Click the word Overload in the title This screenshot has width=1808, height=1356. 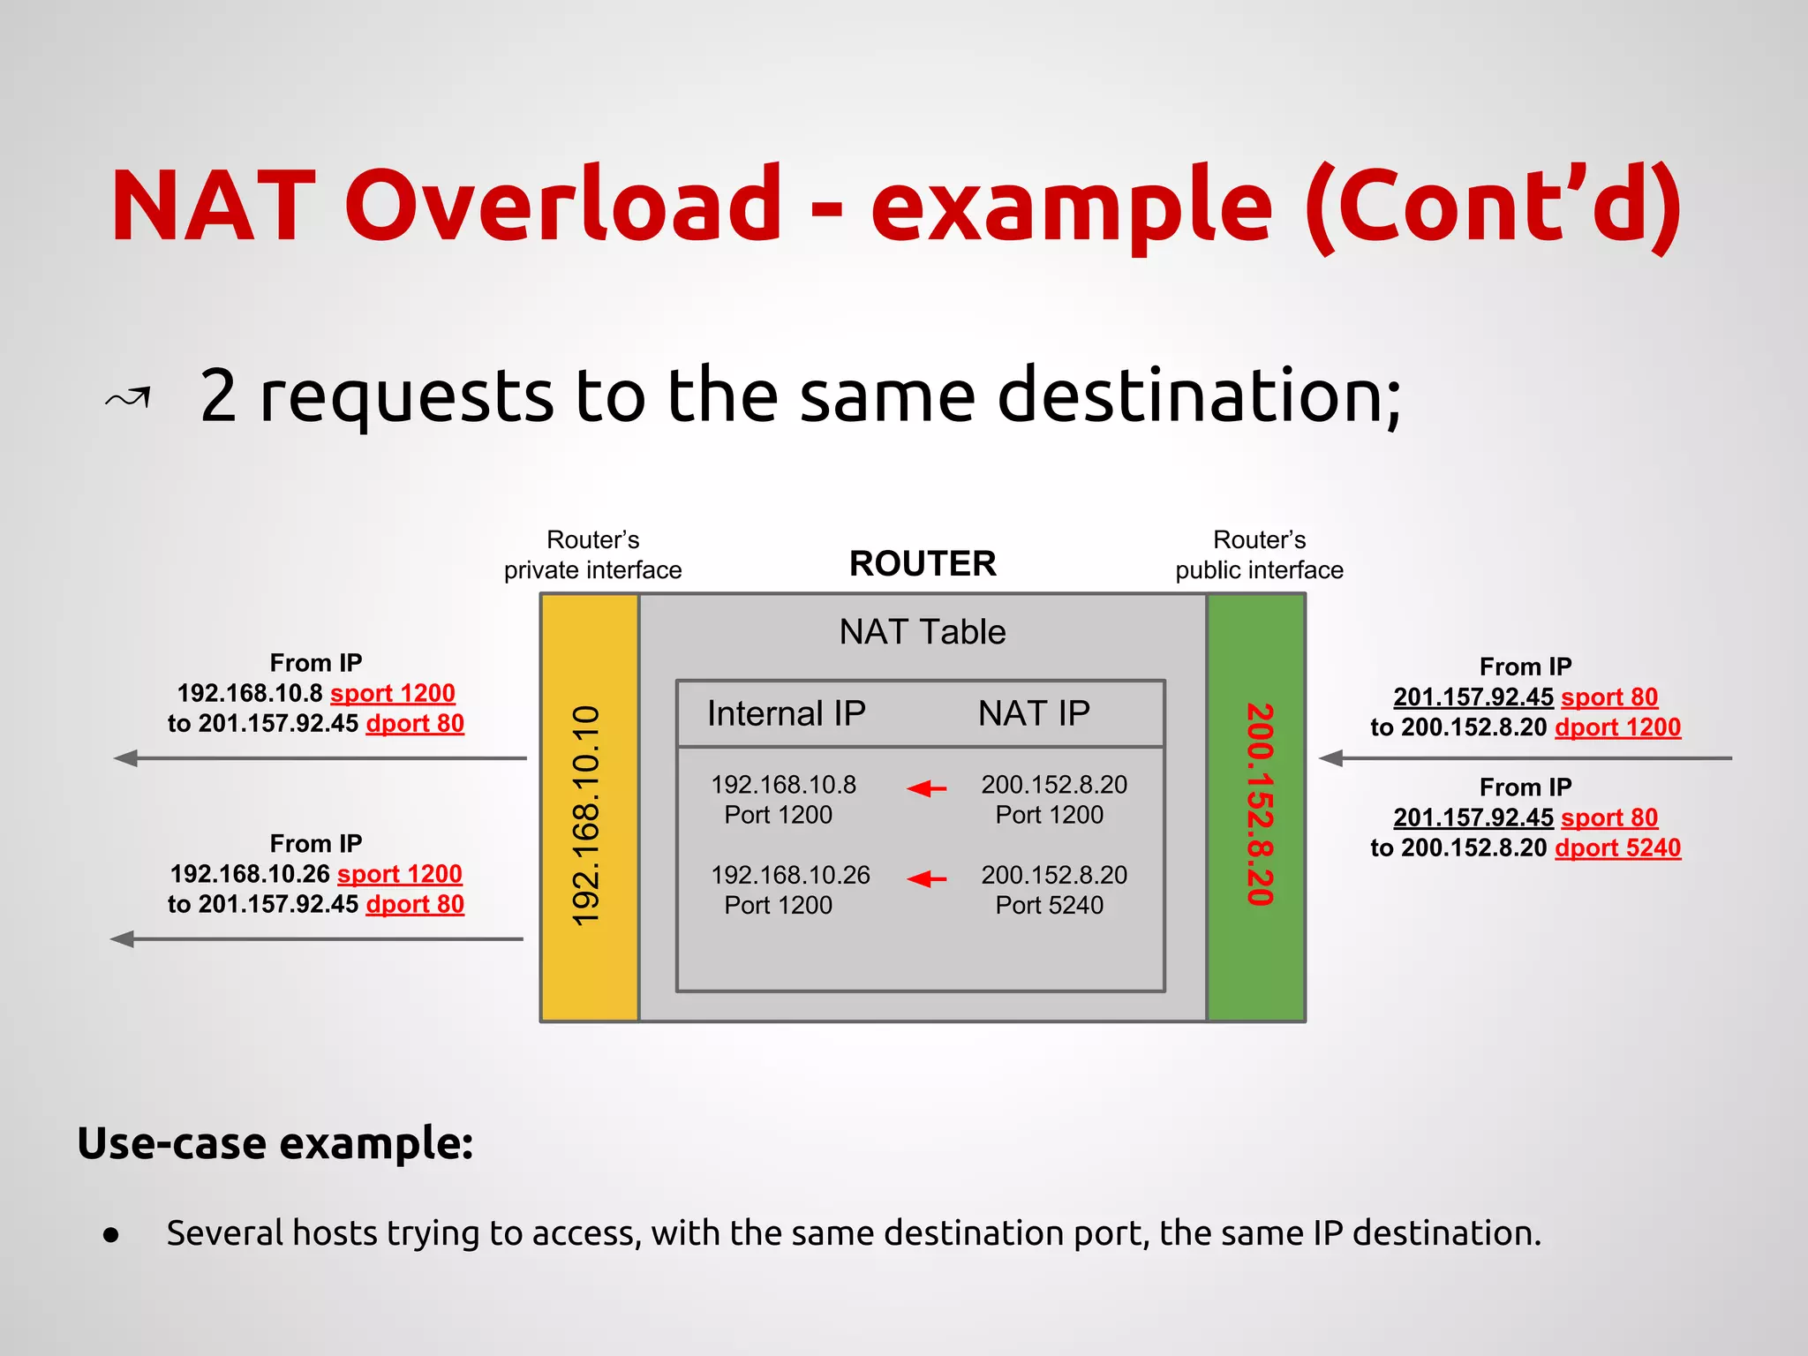pos(563,205)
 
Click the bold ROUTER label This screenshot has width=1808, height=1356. pos(923,563)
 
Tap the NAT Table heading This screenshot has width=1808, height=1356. pos(923,632)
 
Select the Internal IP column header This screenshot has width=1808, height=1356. pos(786,713)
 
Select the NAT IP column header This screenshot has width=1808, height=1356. pos(1034,713)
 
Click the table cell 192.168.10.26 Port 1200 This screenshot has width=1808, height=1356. pos(789,890)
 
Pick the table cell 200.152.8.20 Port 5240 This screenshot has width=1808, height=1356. pos(1053,890)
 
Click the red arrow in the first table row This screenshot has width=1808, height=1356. pos(927,787)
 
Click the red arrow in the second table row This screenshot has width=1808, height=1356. pos(927,878)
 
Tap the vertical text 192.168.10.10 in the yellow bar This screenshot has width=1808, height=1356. pos(587,816)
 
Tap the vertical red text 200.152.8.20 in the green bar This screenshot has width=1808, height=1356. pos(1259,804)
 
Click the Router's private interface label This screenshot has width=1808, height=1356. pos(592,554)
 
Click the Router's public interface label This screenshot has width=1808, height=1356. pos(1259,554)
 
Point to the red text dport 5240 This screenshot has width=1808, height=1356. pos(1617,847)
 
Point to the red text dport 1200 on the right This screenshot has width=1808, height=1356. pos(1617,727)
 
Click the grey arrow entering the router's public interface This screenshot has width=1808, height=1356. pos(1525,757)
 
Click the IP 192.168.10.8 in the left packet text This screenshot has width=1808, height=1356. pos(250,694)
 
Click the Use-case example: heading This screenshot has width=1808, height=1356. pos(275,1143)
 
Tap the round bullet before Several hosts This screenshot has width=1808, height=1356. pos(111,1235)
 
